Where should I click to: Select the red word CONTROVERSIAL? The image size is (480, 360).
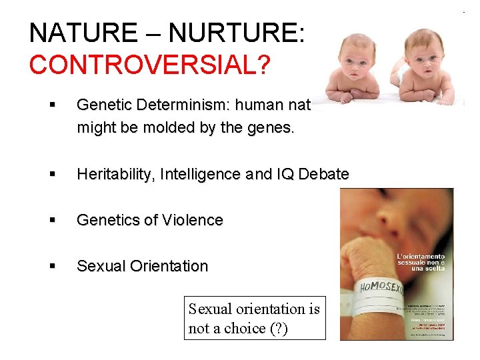pyautogui.click(x=150, y=65)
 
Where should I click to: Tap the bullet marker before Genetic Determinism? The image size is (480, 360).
pyautogui.click(x=52, y=105)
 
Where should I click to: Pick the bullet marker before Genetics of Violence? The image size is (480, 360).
pyautogui.click(x=52, y=221)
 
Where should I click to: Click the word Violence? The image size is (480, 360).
pyautogui.click(x=194, y=221)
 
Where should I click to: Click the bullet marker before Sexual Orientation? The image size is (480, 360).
pyautogui.click(x=52, y=267)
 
